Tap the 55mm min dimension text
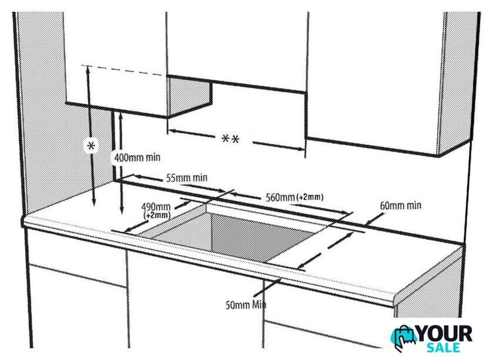point(186,177)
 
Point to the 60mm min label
point(400,206)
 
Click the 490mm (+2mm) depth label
point(156,210)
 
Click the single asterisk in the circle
point(91,146)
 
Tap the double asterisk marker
point(230,140)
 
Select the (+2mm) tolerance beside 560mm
point(310,197)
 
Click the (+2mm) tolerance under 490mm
point(157,216)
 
